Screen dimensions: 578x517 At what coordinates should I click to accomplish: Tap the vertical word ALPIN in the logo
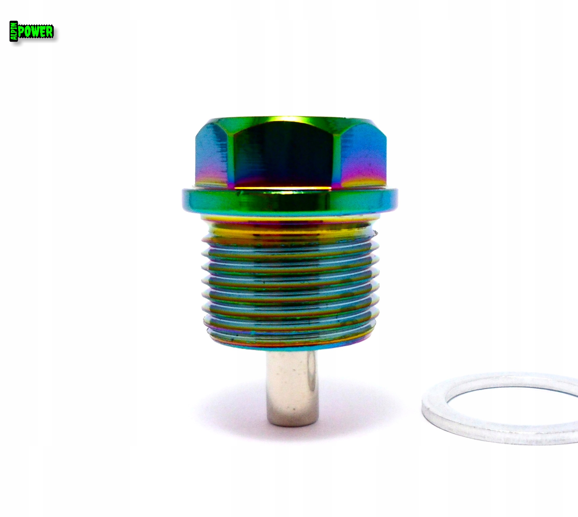click(x=14, y=31)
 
